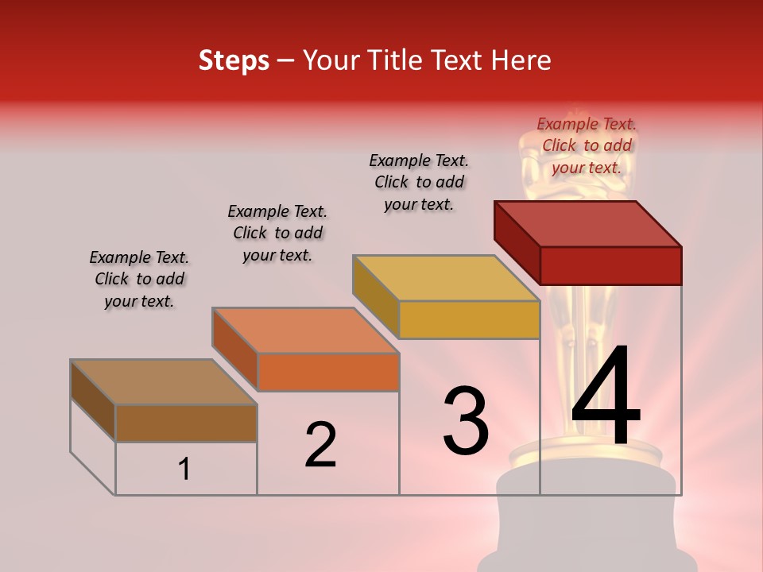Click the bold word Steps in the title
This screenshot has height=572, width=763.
pos(234,60)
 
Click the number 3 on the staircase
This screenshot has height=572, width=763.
pos(466,420)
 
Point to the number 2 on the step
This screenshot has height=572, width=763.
pos(320,445)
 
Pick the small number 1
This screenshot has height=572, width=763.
pos(184,470)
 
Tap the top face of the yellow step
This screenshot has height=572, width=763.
pos(446,278)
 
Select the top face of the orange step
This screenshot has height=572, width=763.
pos(305,330)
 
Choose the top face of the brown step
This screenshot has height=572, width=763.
pos(164,382)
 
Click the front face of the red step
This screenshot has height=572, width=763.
pos(610,265)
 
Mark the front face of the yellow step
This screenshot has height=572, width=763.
pos(469,320)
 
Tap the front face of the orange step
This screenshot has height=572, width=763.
pos(328,372)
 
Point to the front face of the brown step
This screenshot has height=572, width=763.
pos(186,423)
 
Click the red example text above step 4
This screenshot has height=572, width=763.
pos(587,145)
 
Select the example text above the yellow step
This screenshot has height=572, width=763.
pos(419,182)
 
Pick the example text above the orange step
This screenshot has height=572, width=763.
pos(277,233)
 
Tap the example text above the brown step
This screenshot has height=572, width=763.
pos(139,279)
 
